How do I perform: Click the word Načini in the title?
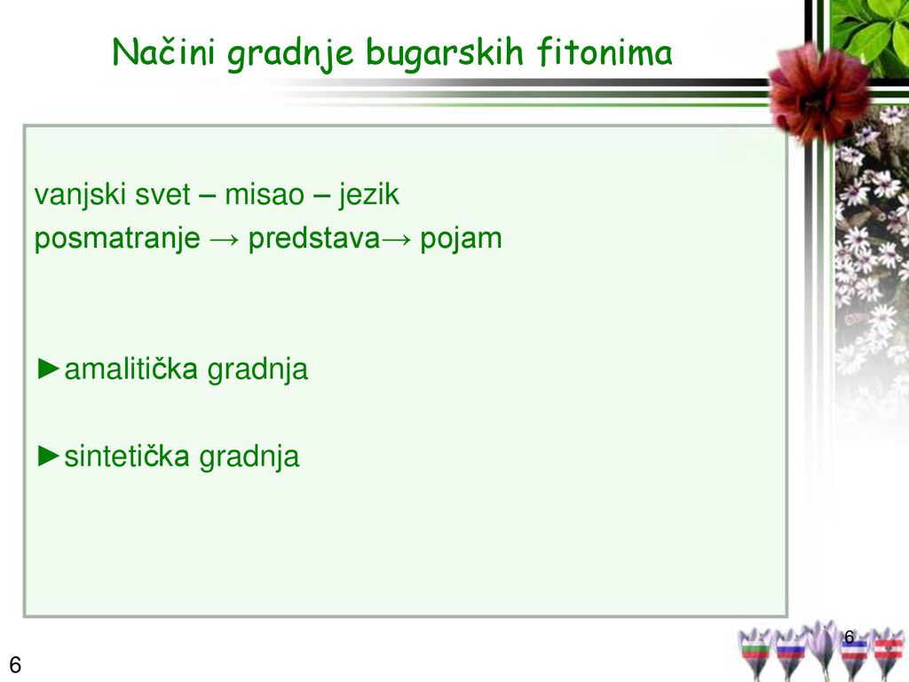click(x=163, y=52)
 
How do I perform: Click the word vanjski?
click(x=80, y=194)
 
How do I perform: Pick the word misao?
click(x=265, y=194)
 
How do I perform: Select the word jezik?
click(x=368, y=194)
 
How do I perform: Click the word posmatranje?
click(x=117, y=238)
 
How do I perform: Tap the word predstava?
click(x=314, y=237)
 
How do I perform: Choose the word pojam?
click(x=461, y=238)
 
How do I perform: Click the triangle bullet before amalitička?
click(x=48, y=369)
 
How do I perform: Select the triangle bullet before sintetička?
click(x=48, y=456)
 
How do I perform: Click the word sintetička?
click(x=127, y=456)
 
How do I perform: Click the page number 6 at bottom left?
click(x=15, y=664)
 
